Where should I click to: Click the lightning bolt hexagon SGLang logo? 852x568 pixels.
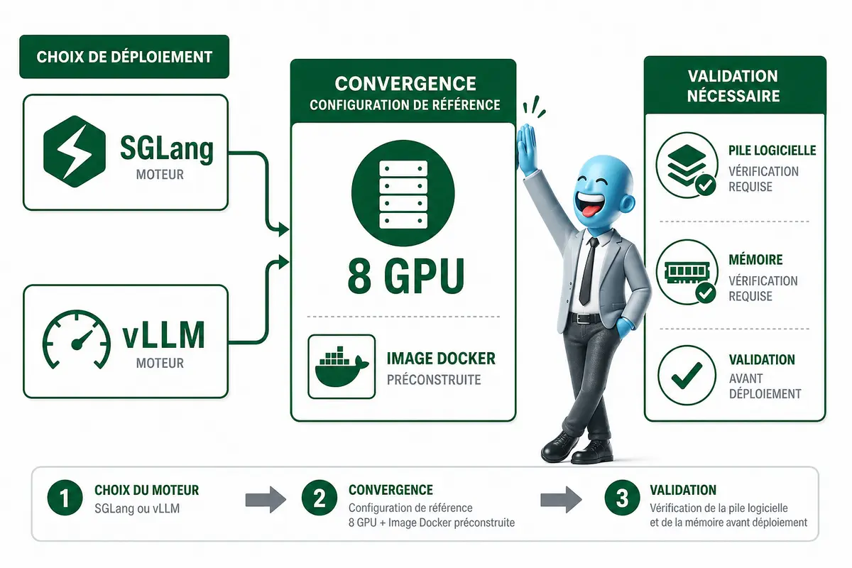[x=75, y=151]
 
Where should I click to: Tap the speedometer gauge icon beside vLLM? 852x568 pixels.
[x=77, y=339]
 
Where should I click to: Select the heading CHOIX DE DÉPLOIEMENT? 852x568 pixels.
[x=124, y=57]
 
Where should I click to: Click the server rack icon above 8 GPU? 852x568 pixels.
[x=403, y=194]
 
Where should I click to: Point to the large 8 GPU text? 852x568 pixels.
[x=406, y=275]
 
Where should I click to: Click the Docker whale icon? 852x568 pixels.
[x=342, y=367]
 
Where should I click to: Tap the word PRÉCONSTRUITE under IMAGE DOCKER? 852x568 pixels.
[x=434, y=380]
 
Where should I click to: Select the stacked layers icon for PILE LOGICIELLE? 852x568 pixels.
[x=687, y=165]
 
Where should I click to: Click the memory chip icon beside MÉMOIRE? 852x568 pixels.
[x=687, y=272]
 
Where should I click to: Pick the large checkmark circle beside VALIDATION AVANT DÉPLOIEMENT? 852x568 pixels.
[x=687, y=375]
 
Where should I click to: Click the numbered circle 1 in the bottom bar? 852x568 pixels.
[x=65, y=498]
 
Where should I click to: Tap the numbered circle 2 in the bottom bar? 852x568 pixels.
[x=319, y=498]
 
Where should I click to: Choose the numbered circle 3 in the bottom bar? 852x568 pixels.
[x=622, y=498]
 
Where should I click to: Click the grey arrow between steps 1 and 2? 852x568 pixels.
[x=266, y=499]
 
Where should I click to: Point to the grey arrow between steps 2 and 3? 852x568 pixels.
[x=561, y=499]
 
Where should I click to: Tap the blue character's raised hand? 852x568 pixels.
[x=526, y=150]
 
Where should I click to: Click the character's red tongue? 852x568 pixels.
[x=588, y=211]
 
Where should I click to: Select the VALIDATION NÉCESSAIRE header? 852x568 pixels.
[x=733, y=86]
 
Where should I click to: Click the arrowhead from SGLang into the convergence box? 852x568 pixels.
[x=283, y=229]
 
